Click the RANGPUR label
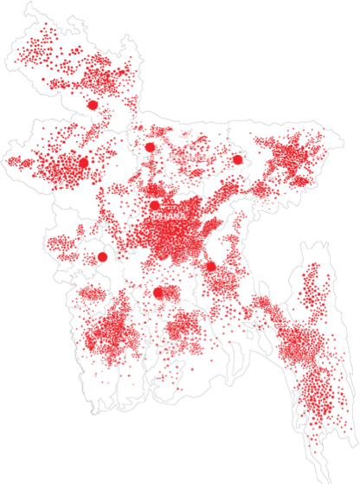[112, 114]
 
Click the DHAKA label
[169, 216]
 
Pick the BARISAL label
[176, 304]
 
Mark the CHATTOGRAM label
[241, 277]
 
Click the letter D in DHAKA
[156, 216]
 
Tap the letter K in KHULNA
[103, 268]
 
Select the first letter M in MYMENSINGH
[151, 158]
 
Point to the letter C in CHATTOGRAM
[212, 277]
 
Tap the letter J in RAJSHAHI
[95, 174]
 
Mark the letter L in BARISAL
[191, 304]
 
